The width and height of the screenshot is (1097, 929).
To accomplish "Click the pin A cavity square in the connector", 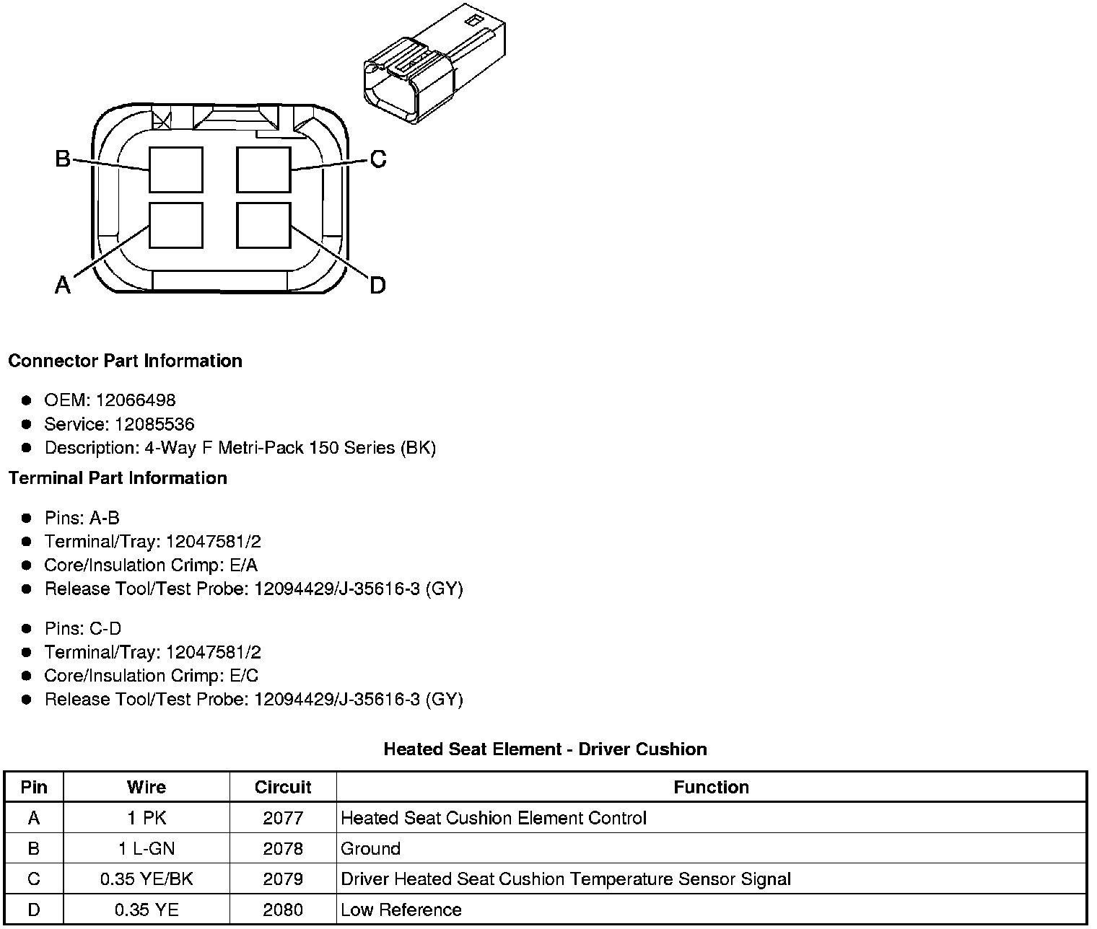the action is coord(176,226).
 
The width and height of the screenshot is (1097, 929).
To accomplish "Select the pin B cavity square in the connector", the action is coord(176,169).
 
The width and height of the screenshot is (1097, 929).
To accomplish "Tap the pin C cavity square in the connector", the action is coord(264,169).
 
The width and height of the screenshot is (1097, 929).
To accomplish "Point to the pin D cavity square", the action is coord(264,226).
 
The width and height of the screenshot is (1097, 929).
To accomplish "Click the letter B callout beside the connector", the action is coord(63,159).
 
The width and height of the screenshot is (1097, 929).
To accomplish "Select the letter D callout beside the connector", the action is coord(377,286).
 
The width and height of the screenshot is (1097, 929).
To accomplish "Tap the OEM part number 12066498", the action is coord(136,400).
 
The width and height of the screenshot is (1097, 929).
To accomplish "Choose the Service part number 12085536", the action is coord(154,424).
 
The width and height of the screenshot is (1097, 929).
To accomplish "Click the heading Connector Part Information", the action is coord(125,361).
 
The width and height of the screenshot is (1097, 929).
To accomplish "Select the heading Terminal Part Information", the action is coord(118,478).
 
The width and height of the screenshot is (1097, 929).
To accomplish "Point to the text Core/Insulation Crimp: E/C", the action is coord(151,676).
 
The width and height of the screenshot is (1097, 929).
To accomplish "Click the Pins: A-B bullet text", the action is coord(82,518).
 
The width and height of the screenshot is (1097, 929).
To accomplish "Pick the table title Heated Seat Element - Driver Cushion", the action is coord(545,749).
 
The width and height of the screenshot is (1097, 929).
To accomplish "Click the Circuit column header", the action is coord(283,787).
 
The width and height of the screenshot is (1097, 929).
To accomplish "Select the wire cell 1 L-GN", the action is coord(147,849).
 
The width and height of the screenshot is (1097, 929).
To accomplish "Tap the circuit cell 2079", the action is coord(283,879).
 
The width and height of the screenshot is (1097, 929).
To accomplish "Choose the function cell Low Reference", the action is coord(401,910).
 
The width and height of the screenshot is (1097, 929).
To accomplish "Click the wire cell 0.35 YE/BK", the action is coord(147,879).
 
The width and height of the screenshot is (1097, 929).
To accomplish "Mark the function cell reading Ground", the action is coord(370,849).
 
